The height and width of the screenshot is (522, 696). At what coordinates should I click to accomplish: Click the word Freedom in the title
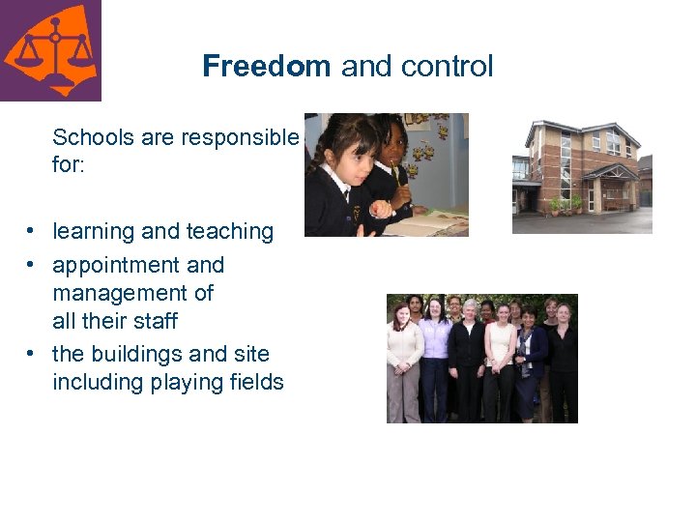(266, 67)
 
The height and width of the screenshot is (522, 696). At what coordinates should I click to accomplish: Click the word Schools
(93, 137)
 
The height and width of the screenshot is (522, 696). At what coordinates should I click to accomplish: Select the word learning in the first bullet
(94, 232)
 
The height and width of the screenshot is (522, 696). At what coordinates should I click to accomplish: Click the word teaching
(228, 232)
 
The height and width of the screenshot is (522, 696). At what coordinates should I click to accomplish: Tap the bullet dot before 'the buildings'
(32, 355)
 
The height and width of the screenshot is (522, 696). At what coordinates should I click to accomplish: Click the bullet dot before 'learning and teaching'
(32, 232)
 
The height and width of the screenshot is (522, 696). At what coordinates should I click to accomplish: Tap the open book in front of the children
(425, 224)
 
